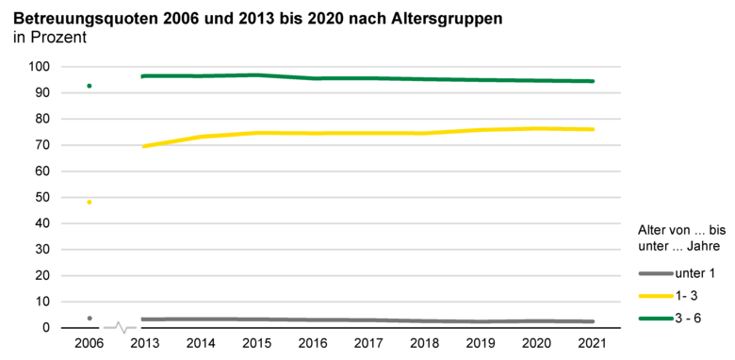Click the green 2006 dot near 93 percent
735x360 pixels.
click(x=89, y=86)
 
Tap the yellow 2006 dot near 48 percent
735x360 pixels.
click(x=89, y=202)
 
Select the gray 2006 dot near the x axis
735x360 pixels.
click(x=89, y=319)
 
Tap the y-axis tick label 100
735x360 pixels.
click(x=39, y=67)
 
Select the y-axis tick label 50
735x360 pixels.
click(x=42, y=197)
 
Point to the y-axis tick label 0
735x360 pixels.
click(x=45, y=328)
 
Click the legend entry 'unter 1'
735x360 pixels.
click(x=694, y=273)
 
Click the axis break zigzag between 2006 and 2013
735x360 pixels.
click(x=121, y=327)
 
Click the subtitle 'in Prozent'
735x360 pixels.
click(x=49, y=39)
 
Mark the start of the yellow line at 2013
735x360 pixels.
click(x=143, y=146)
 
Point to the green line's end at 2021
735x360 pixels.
click(x=593, y=81)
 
